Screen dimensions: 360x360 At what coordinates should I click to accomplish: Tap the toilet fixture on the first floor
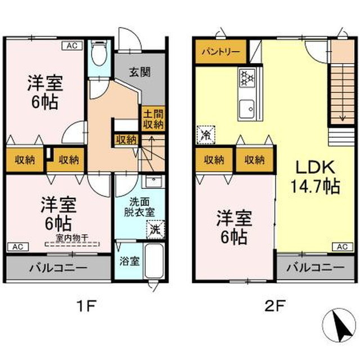tap(100, 55)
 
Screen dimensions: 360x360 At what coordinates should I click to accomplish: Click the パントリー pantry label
tap(220, 52)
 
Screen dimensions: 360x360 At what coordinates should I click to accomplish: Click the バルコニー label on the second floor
tap(314, 267)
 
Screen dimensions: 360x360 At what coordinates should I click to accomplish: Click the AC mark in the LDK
tap(341, 246)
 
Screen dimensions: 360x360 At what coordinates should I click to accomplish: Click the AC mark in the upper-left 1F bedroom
tap(73, 45)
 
